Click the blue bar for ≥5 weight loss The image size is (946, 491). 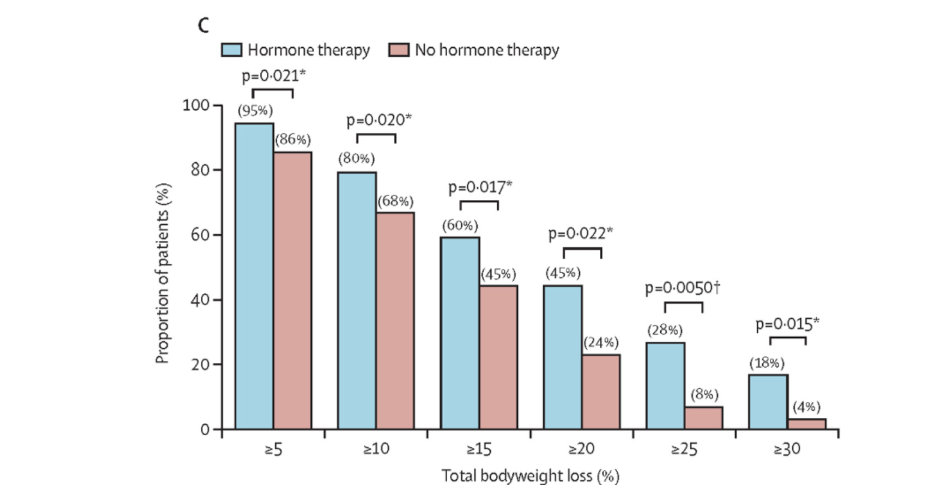(x=254, y=276)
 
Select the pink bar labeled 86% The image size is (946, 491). (x=292, y=290)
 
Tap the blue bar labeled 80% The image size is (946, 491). (x=357, y=300)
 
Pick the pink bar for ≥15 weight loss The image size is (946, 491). (x=498, y=357)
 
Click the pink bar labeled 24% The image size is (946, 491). (x=601, y=391)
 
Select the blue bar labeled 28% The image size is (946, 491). (x=665, y=385)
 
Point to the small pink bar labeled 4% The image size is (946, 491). (x=806, y=423)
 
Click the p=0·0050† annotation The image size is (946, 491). (x=683, y=288)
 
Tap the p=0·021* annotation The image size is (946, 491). (x=273, y=76)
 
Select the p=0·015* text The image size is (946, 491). (x=787, y=324)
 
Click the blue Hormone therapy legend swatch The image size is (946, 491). (x=231, y=50)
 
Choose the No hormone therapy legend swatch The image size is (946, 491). (x=399, y=50)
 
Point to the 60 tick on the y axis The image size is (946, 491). (x=200, y=235)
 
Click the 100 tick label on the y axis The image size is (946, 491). (x=196, y=106)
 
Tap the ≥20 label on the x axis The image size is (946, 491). (x=581, y=450)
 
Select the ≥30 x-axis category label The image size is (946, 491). (x=787, y=450)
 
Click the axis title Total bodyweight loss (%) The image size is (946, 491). (x=530, y=476)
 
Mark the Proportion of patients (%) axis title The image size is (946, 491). (x=162, y=273)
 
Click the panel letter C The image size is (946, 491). (x=204, y=25)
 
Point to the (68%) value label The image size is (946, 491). (x=396, y=201)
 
